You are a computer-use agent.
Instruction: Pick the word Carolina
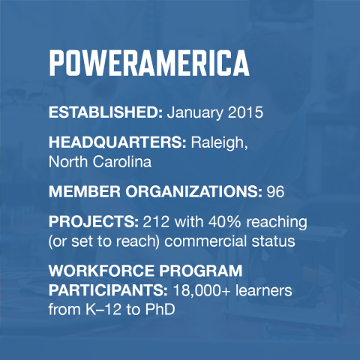click(112, 160)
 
